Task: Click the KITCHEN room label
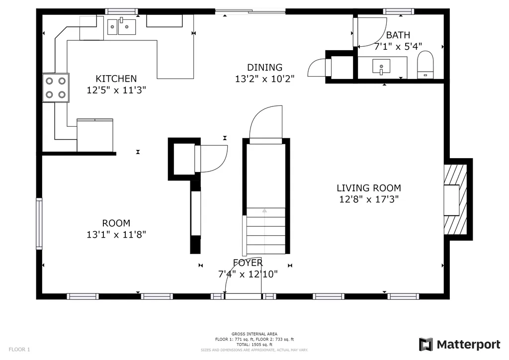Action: point(116,79)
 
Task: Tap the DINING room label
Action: point(264,67)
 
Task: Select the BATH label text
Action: point(398,35)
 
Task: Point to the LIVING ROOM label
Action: point(369,188)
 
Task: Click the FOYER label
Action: point(248,263)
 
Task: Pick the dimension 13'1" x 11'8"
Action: point(116,234)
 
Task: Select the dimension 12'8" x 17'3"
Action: point(369,199)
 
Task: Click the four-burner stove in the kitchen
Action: point(56,88)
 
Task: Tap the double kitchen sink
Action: point(122,26)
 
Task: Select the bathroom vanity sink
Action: point(381,67)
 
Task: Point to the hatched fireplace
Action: point(455,199)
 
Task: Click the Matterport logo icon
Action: point(426,345)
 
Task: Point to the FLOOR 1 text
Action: point(19,350)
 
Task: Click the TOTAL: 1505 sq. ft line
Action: point(254,345)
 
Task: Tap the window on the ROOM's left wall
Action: point(39,223)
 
